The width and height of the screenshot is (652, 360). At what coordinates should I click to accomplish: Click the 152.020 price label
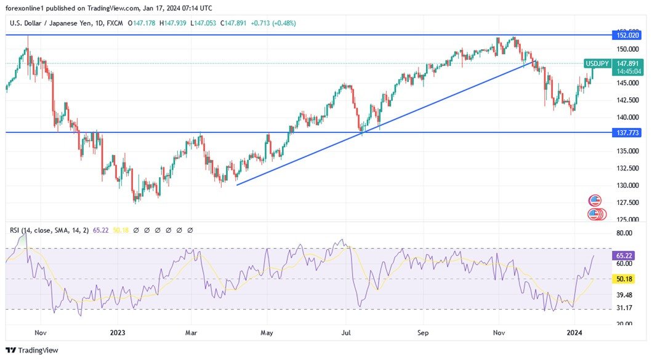click(625, 36)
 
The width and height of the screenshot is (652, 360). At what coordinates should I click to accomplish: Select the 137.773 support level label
click(625, 132)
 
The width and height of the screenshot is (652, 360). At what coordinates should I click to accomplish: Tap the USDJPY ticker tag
click(597, 63)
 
